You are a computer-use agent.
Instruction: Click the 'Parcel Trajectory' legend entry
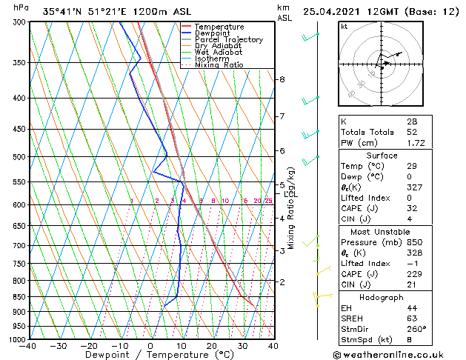[228, 39]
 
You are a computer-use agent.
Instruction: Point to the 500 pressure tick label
[19, 157]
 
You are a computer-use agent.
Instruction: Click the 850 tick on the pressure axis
[19, 297]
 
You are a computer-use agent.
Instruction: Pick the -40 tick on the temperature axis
[28, 347]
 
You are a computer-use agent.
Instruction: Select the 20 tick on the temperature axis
[212, 347]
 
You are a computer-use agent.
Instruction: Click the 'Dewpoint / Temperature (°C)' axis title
[150, 356]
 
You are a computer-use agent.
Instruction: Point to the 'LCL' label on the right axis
[290, 193]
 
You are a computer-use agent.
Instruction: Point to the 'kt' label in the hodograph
[344, 27]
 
